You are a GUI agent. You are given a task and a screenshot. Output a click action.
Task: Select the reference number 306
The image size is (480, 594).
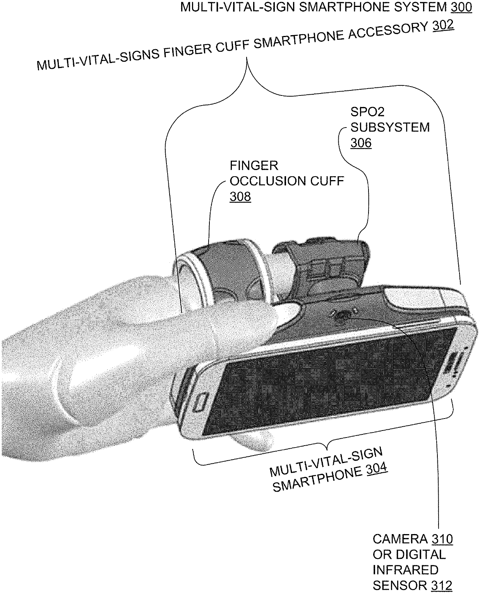pos(361,143)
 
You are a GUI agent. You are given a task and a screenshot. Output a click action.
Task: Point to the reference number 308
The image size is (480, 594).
pos(240,197)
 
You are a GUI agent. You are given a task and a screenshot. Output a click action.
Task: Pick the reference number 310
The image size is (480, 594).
pos(442,539)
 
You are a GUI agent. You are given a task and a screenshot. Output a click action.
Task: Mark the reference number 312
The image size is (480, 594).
pos(441,586)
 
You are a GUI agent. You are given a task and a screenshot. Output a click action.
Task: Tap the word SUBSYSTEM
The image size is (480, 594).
pos(390,128)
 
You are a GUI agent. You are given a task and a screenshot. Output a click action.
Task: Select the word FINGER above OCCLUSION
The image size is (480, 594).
pos(254,166)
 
